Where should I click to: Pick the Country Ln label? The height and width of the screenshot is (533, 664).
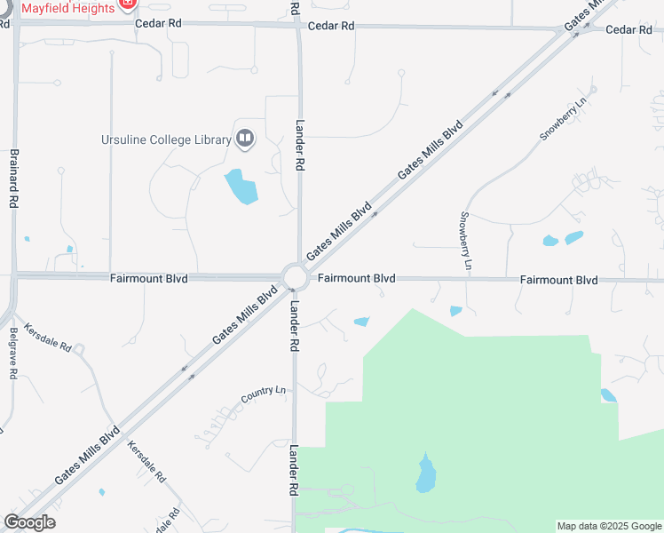(265, 391)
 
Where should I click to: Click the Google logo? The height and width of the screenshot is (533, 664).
(29, 522)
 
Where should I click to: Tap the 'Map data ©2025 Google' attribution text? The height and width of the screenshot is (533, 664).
(609, 526)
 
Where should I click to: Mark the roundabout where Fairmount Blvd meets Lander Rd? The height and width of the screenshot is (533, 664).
(295, 278)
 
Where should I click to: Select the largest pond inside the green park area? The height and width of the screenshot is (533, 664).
(426, 474)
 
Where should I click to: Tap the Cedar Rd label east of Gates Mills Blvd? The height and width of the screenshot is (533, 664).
(628, 30)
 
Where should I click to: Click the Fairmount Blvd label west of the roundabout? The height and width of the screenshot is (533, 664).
(149, 278)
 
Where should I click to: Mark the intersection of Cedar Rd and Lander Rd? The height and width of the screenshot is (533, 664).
(297, 26)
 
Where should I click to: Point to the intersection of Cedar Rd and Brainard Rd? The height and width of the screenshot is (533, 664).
(15, 24)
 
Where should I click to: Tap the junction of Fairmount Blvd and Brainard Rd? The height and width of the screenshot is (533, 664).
(14, 275)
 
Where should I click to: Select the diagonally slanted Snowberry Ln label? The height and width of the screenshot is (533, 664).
(564, 118)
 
